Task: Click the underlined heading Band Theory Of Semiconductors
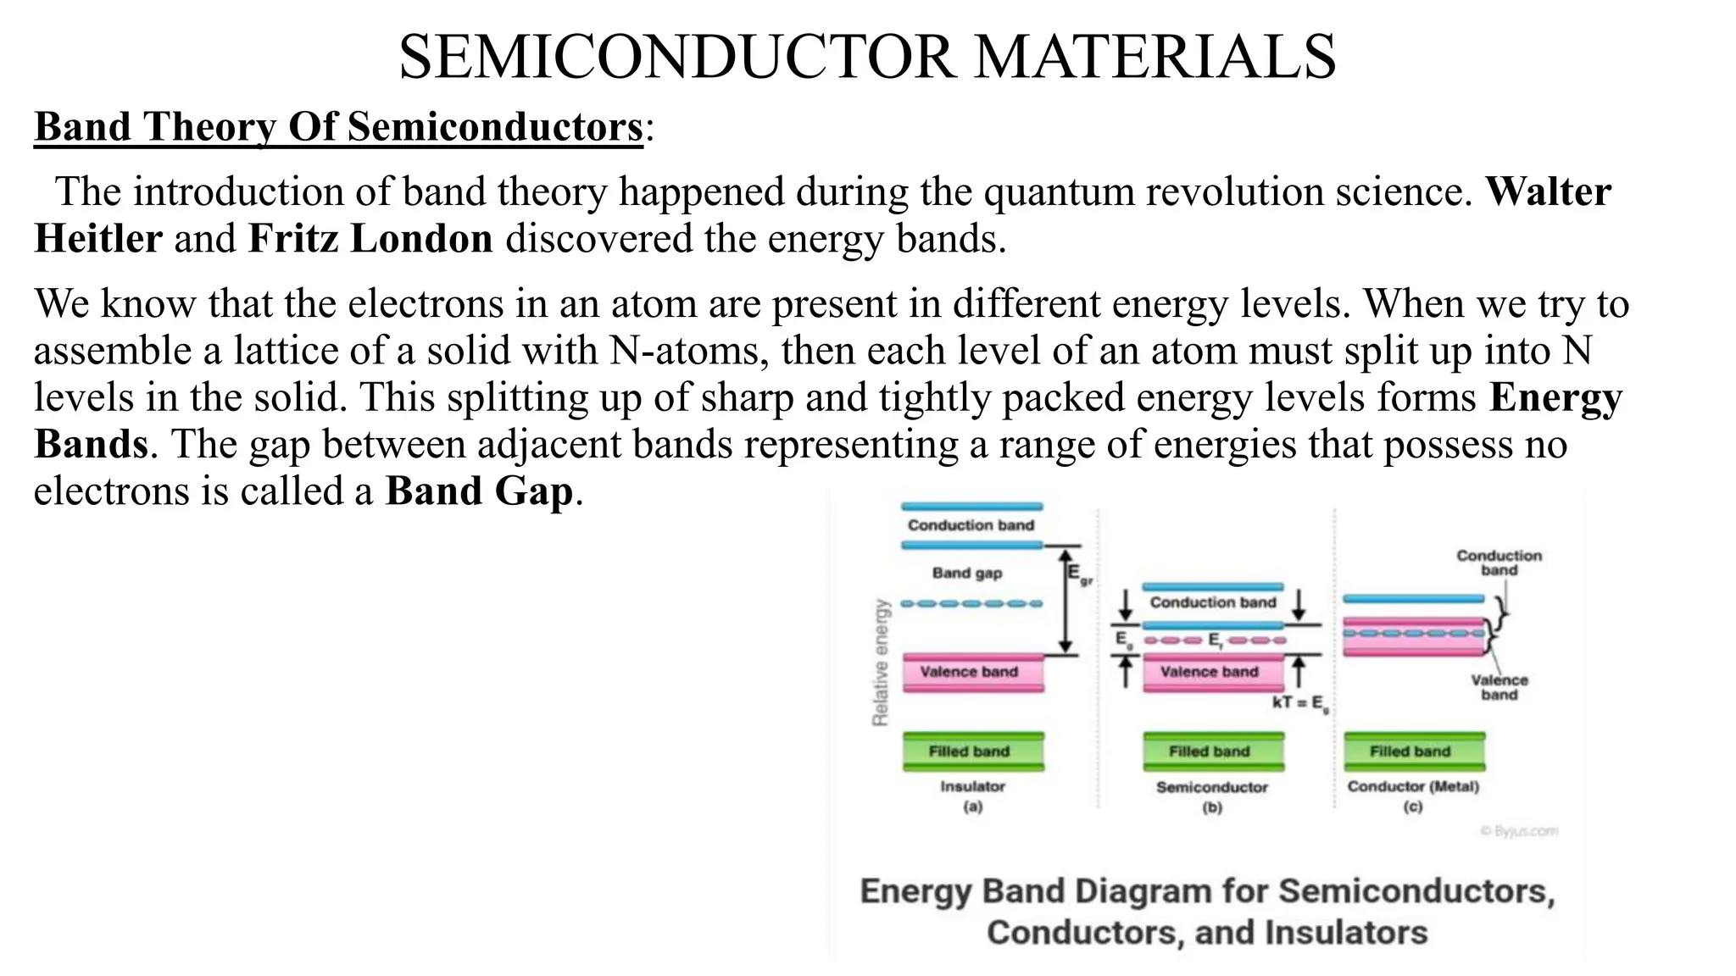[x=338, y=127]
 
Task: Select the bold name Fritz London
[x=370, y=239]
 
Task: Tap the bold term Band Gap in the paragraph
[x=479, y=491]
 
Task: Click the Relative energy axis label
[x=881, y=663]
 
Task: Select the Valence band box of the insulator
[x=972, y=672]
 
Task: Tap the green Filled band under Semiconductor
[x=1213, y=751]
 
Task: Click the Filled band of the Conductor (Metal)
[x=1414, y=751]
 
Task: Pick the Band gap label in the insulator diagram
[x=967, y=574]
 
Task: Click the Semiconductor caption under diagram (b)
[x=1212, y=788]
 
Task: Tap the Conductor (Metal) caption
[x=1413, y=787]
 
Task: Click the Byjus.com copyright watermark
[x=1519, y=831]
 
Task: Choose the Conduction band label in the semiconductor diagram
[x=1212, y=602]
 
